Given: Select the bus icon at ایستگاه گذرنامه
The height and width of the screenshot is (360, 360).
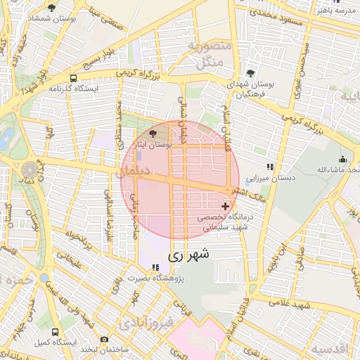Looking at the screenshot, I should coord(74,78).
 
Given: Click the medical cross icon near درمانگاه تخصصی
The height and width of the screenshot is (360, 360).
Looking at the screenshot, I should coord(225,206).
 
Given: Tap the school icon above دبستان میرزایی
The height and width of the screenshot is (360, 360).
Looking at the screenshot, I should coord(269,167).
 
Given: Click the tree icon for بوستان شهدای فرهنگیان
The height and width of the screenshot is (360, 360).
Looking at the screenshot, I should coord(251,72).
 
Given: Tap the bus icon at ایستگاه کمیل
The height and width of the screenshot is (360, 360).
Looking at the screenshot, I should coord(54,332).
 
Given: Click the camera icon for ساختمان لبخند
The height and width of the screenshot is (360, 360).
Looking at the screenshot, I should coord(104,339).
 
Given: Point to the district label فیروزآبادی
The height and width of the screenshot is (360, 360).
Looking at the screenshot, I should coord(146,324).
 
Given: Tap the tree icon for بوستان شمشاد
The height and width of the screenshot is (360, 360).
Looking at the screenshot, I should coord(51,8).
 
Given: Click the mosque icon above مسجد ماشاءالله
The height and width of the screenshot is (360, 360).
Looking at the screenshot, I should coord(342,159).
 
